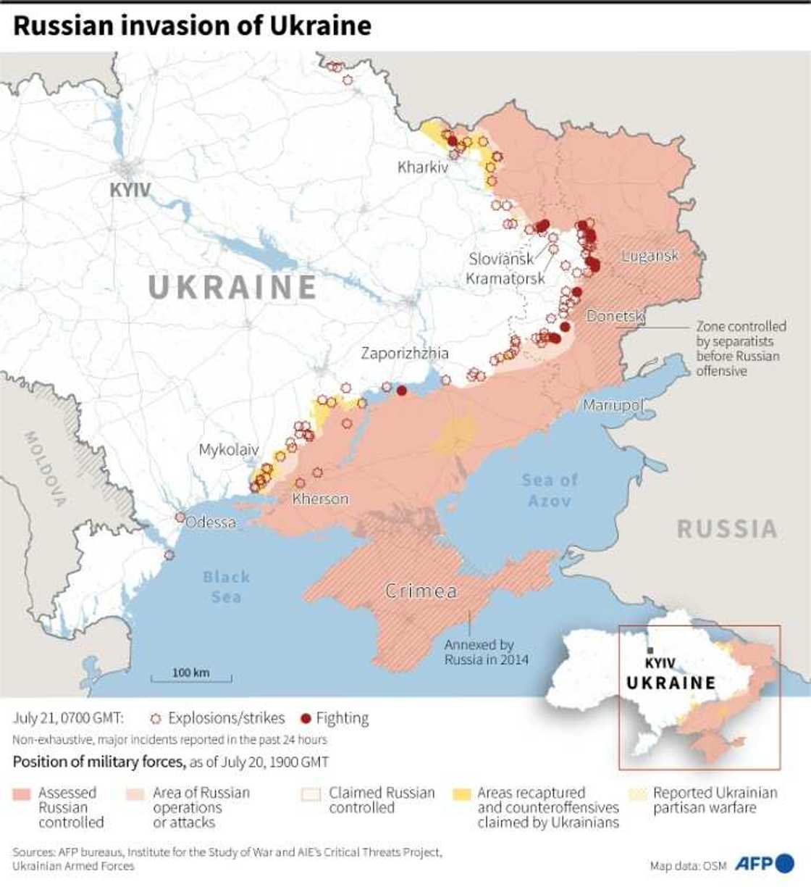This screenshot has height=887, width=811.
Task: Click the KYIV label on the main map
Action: click(x=130, y=190)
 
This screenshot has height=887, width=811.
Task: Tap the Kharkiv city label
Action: click(x=423, y=167)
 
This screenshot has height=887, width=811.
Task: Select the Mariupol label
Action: click(x=613, y=405)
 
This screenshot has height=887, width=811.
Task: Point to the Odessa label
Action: click(x=211, y=522)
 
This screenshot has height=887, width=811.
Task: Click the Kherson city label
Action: click(x=320, y=499)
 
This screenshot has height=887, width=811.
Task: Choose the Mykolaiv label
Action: click(x=228, y=450)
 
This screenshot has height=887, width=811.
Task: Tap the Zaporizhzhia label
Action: click(x=405, y=354)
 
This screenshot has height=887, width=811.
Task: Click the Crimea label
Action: click(x=421, y=591)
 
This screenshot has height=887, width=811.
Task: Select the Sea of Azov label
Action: click(x=549, y=490)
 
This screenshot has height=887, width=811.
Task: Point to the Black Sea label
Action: click(x=226, y=586)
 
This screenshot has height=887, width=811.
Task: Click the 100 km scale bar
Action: click(x=191, y=678)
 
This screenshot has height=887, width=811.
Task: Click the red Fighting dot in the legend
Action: click(x=306, y=718)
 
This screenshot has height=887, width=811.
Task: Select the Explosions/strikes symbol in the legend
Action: click(x=156, y=718)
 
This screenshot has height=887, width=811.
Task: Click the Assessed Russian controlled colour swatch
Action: click(x=22, y=794)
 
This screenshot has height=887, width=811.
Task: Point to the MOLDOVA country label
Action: click(x=46, y=468)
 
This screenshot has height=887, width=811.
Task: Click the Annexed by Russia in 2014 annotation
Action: click(x=486, y=651)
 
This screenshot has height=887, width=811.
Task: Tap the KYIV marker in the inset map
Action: click(x=650, y=651)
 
